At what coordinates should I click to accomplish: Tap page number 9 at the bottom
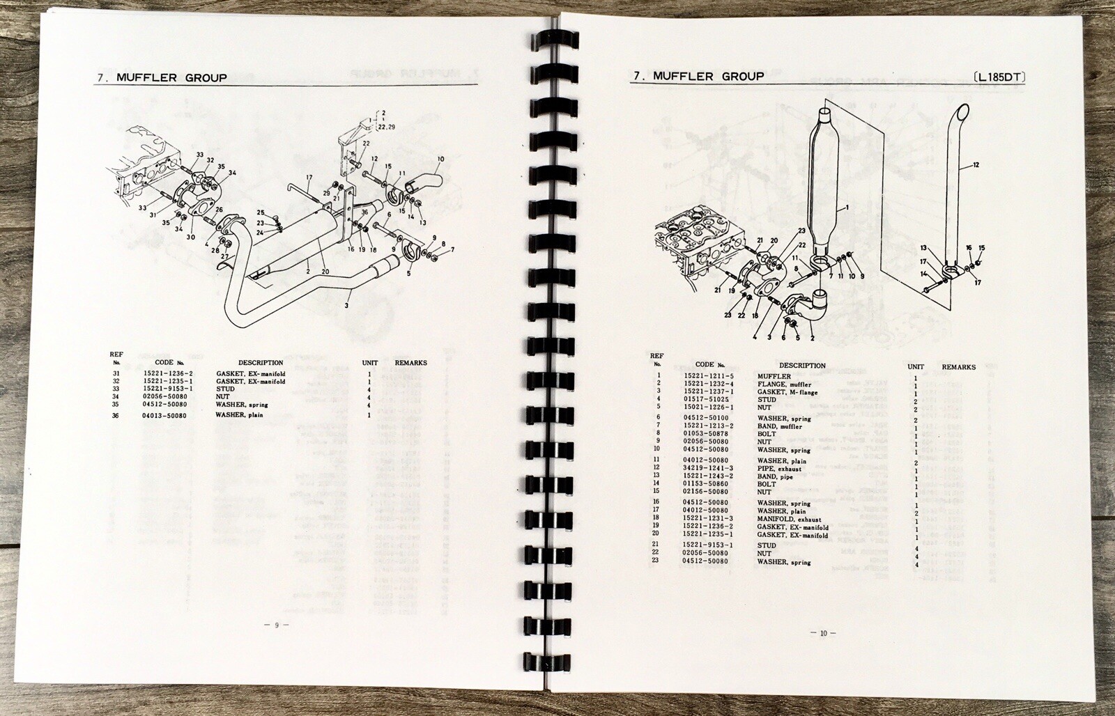pos(277,625)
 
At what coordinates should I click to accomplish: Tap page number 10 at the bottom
pos(823,633)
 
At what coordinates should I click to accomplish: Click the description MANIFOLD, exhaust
pos(789,520)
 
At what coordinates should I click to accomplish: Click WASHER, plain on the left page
pos(239,415)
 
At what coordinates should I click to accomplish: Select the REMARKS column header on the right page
pos(958,367)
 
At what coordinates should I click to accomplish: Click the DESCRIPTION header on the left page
pos(261,363)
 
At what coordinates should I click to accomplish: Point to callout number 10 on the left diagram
pos(440,159)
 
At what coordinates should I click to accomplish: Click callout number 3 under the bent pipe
pos(346,305)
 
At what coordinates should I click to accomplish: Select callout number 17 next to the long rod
pos(307,178)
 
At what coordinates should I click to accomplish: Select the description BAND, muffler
pos(779,426)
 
